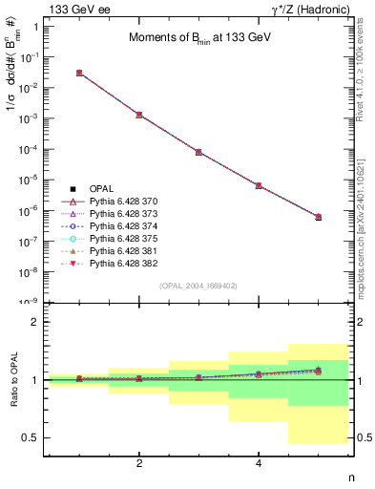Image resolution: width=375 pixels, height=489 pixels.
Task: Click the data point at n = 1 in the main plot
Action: click(79, 73)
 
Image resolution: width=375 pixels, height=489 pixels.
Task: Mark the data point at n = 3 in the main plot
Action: click(198, 152)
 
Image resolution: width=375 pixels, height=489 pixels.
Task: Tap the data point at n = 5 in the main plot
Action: click(318, 217)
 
